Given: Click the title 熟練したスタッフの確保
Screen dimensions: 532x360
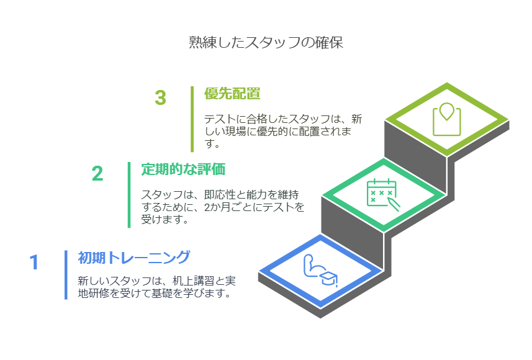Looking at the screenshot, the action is [x=266, y=42].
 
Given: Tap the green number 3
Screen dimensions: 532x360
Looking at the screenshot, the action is [x=160, y=97].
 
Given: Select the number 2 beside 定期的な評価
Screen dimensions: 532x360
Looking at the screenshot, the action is [x=97, y=173].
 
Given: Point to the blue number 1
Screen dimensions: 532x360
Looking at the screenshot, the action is [x=34, y=262].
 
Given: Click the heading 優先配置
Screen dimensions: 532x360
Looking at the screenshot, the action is [x=232, y=93].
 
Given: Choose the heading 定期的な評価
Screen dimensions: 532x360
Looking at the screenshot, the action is [x=183, y=169].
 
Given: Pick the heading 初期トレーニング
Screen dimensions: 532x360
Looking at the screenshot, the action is [x=134, y=258].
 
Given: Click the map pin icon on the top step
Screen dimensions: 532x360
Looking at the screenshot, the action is [x=446, y=119].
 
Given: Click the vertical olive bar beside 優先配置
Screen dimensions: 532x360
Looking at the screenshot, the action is [x=192, y=119].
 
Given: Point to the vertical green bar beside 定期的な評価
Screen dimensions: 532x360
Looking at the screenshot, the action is [x=129, y=195].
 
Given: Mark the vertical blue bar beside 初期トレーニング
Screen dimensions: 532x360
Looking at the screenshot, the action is [x=66, y=275].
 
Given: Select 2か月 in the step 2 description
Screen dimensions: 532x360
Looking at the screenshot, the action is [x=215, y=207].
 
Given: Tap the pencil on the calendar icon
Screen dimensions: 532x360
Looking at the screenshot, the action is [x=394, y=205].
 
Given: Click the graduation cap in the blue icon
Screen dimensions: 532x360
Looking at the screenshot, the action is [x=329, y=279].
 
